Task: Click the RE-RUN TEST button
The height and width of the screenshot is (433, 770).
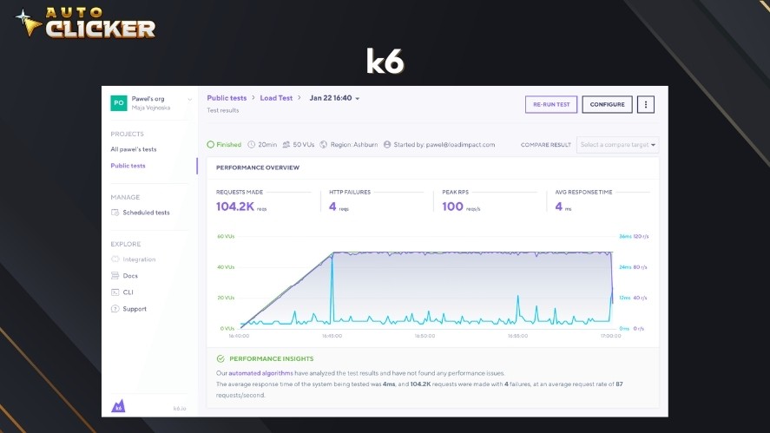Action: (x=551, y=104)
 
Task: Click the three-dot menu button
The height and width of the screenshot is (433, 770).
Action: (x=645, y=104)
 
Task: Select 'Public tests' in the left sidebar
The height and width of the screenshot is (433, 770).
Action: (x=128, y=166)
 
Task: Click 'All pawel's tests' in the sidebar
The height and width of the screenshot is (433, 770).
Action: (x=134, y=149)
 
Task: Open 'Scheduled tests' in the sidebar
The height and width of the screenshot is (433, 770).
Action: (x=145, y=213)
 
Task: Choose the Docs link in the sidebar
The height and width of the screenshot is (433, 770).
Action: (x=130, y=276)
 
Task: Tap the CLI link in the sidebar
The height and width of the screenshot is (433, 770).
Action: (x=128, y=292)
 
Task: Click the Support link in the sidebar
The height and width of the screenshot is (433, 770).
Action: (x=135, y=309)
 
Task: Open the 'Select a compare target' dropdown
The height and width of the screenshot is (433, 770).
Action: (x=617, y=145)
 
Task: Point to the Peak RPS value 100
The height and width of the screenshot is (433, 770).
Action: (x=452, y=207)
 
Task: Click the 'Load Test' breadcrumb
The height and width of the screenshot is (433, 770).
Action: (x=276, y=98)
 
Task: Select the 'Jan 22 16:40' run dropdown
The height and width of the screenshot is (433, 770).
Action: (x=334, y=98)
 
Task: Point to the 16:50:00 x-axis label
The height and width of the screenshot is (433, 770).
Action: (x=424, y=336)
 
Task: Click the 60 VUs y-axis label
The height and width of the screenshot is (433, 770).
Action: (x=227, y=236)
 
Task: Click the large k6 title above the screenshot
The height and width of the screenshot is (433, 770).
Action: (x=385, y=61)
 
